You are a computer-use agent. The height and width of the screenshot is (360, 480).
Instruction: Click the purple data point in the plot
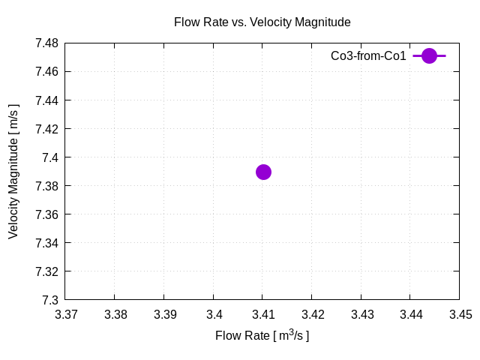[263, 172]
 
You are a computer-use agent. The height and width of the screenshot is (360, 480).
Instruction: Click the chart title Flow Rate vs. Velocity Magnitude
[262, 22]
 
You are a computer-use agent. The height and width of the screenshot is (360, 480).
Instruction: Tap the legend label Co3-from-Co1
[368, 56]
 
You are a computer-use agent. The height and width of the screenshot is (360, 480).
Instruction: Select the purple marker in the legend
[429, 55]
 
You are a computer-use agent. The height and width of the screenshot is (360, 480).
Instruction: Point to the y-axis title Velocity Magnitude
[13, 172]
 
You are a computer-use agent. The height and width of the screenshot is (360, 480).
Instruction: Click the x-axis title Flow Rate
[262, 335]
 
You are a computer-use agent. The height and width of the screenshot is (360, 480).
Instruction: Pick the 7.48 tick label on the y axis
[46, 43]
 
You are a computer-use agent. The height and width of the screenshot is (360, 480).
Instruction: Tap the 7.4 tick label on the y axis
[51, 157]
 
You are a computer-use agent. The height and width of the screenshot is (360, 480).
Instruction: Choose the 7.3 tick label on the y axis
[51, 300]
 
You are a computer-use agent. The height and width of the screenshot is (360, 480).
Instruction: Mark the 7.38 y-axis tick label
[46, 186]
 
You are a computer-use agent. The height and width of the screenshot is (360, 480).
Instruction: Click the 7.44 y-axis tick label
[46, 100]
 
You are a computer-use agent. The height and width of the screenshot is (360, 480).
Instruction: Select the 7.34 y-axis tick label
[46, 243]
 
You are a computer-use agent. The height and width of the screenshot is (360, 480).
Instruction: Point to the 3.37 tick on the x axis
[66, 315]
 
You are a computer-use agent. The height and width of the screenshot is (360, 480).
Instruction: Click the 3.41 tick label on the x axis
[263, 315]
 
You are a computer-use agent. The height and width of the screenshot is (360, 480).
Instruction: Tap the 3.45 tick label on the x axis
[460, 315]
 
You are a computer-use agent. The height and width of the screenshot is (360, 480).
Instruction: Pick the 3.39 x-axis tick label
[164, 315]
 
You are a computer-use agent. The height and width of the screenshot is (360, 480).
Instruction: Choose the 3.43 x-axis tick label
[361, 315]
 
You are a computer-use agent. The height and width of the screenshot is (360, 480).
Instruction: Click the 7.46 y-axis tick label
[46, 72]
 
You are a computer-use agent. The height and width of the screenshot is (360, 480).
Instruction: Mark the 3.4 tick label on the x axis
[214, 315]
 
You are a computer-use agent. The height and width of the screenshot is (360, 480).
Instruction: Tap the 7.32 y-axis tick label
[46, 271]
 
